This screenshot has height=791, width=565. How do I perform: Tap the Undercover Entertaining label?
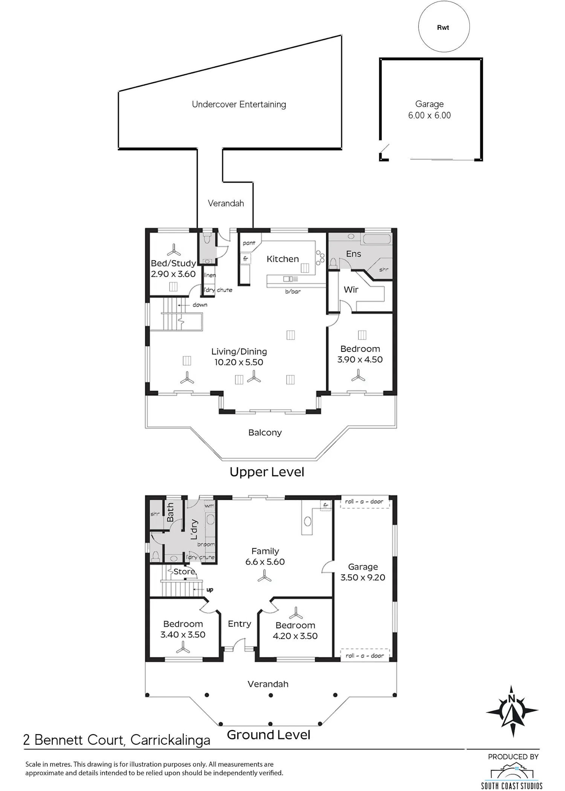coord(239,104)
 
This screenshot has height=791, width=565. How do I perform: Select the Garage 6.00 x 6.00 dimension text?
coord(429,115)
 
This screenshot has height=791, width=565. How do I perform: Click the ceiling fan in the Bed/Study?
coord(174,249)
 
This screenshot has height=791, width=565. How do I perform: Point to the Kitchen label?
coord(282,259)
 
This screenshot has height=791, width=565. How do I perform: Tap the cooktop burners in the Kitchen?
coord(320,257)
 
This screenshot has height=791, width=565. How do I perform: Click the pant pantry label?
coord(249,243)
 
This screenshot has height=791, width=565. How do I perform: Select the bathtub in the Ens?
coord(377,239)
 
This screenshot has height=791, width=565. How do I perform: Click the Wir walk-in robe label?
coord(351,290)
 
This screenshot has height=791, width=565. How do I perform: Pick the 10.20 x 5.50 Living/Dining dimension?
coord(239,362)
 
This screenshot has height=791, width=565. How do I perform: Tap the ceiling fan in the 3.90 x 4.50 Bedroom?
coord(358,375)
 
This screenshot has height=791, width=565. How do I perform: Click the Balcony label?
coord(265,432)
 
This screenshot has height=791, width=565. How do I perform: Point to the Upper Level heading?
coord(267,472)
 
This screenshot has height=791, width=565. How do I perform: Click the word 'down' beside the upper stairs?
coord(200,305)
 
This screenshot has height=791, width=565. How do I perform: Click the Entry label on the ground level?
coord(239,624)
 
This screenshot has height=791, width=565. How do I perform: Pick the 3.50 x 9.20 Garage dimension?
coord(363,577)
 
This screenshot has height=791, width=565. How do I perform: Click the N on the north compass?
coord(512,699)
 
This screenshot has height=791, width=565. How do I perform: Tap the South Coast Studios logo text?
coord(512,786)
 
